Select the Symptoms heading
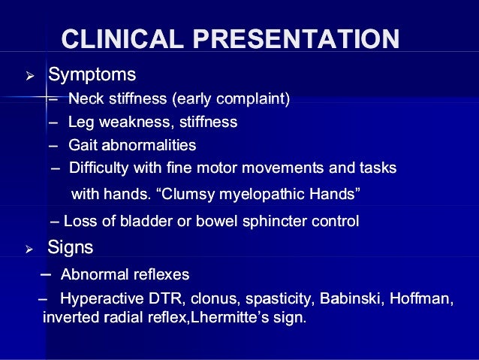(92, 75)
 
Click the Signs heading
(70, 247)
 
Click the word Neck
(83, 98)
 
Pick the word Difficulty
(98, 168)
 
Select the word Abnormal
(92, 274)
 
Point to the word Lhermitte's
(234, 317)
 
